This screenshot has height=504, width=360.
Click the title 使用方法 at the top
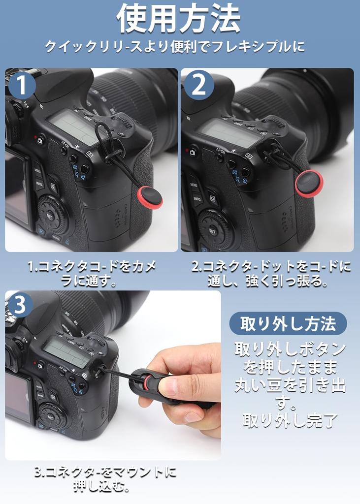179,20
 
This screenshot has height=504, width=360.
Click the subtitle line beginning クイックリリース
175,47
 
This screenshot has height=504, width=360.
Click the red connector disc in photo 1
150,197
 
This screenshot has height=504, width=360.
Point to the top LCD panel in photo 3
66,352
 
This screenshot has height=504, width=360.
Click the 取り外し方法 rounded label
288,324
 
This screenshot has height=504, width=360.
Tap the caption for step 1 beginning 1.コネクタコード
92,274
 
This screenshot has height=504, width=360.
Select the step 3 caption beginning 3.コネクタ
105,479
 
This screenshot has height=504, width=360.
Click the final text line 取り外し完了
289,421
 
